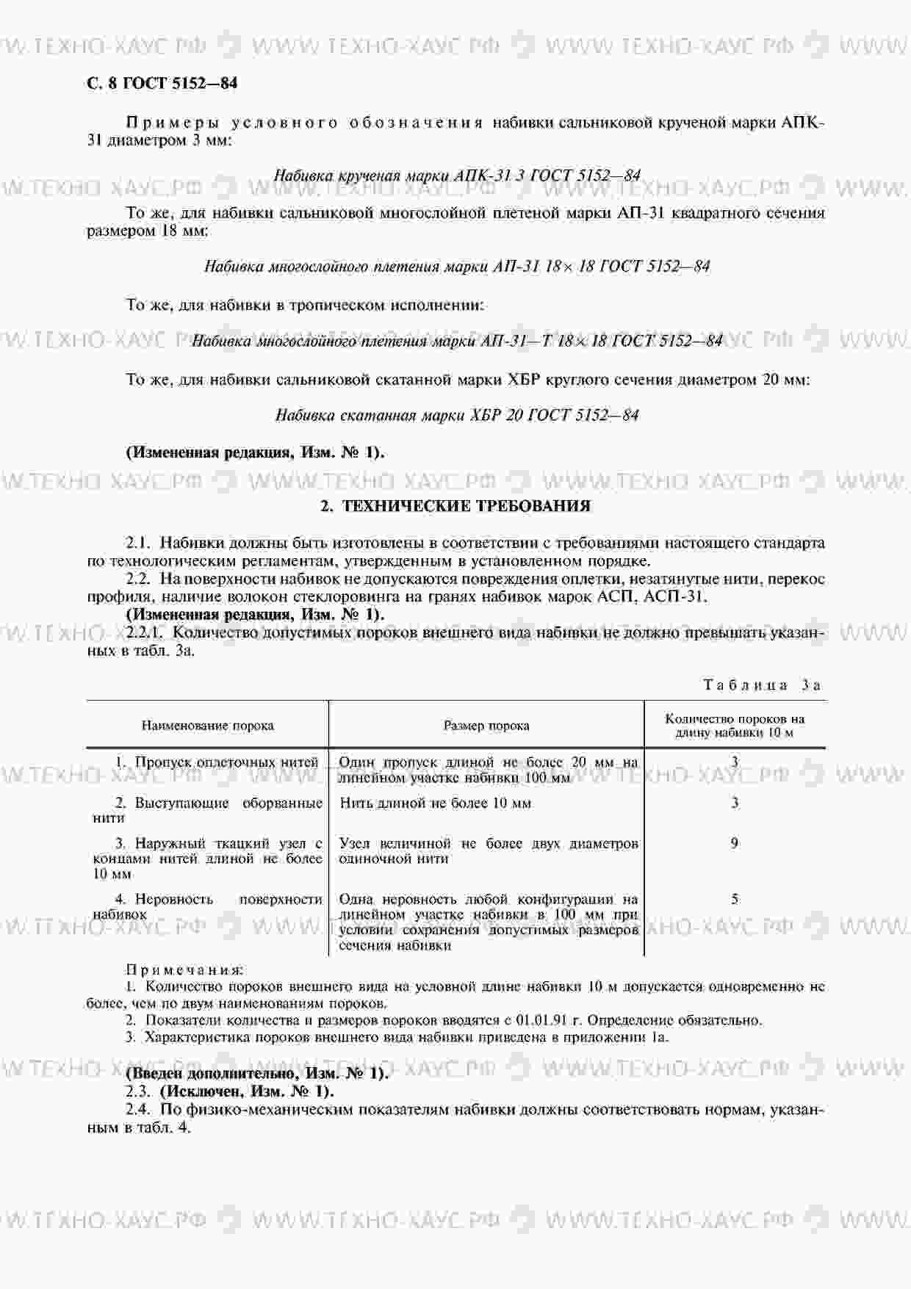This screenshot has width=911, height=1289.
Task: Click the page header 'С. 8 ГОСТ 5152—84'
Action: [162, 83]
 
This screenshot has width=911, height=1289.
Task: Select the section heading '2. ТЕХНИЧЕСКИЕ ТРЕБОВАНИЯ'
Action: [455, 506]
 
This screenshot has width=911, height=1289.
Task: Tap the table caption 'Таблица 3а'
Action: [762, 685]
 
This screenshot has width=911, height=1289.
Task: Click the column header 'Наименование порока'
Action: [207, 726]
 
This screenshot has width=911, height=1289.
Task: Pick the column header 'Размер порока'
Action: [486, 726]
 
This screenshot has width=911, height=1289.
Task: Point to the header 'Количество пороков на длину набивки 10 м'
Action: [734, 726]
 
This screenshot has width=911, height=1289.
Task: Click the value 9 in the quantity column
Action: [734, 843]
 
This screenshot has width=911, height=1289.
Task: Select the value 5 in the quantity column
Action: [734, 899]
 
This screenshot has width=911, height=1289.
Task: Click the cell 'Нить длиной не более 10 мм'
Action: [435, 803]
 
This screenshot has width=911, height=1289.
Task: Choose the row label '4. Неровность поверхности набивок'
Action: [207, 906]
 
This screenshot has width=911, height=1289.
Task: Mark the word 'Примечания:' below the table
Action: [185, 970]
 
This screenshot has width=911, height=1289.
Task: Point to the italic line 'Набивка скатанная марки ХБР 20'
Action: [456, 416]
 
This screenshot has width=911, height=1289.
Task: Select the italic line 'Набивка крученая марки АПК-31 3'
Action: [456, 176]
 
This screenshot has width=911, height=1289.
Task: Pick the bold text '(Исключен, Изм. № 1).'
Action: [247, 1091]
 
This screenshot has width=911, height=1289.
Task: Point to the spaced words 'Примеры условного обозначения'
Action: [305, 123]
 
